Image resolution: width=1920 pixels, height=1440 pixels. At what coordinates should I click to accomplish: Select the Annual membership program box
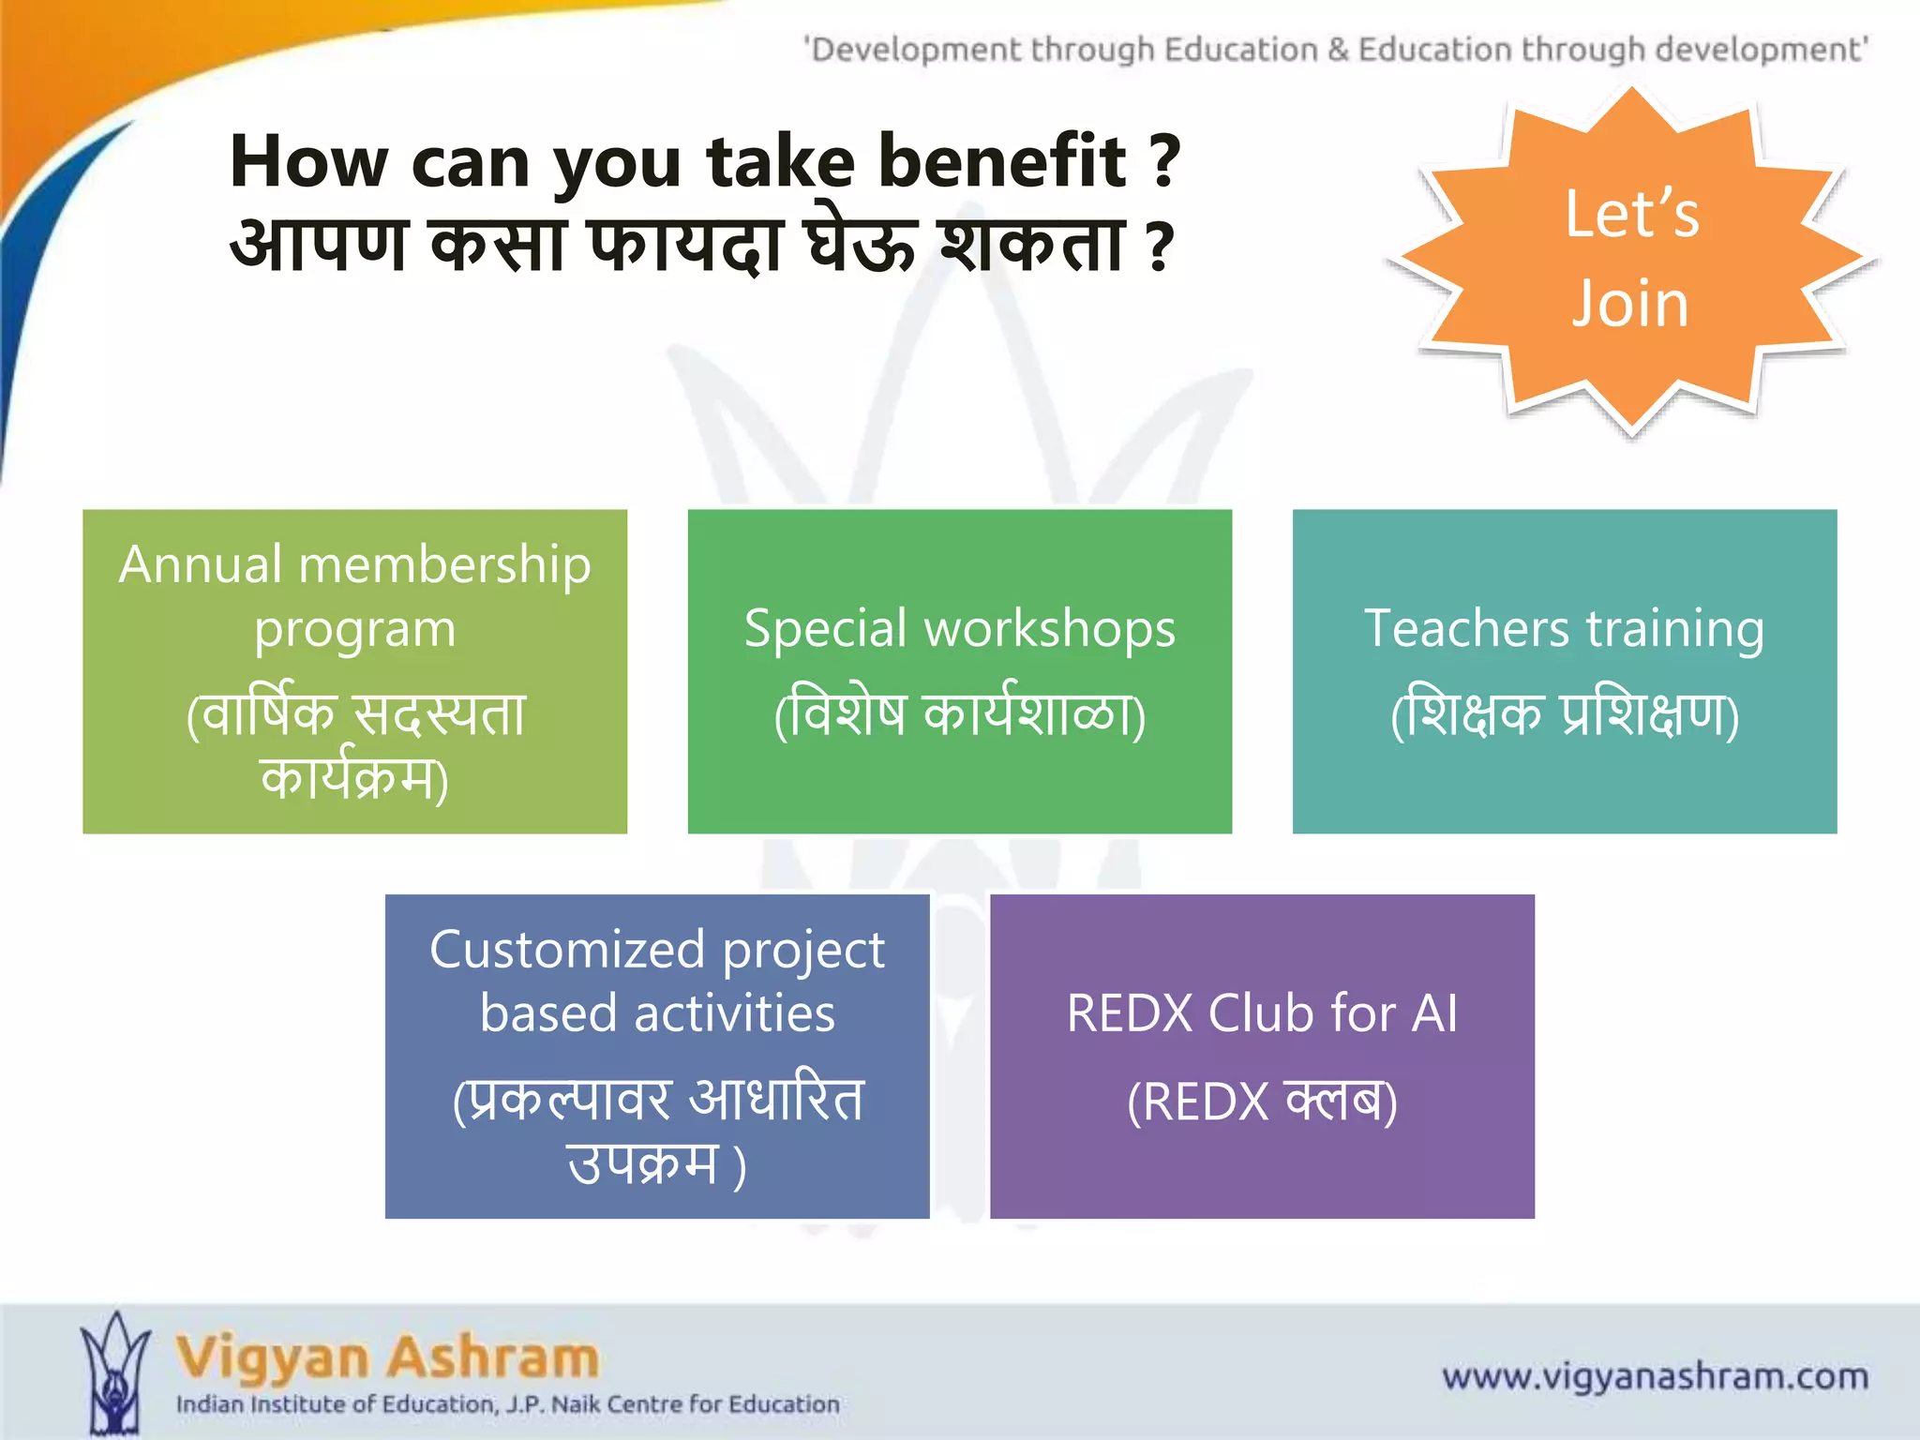(x=354, y=671)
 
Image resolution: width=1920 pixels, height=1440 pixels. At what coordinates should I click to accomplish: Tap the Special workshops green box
(x=959, y=671)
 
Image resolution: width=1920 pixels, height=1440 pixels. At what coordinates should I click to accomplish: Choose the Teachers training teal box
(x=1564, y=671)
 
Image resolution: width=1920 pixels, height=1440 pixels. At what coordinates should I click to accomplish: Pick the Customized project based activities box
(x=657, y=1056)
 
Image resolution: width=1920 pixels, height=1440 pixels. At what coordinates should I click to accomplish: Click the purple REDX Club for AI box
(x=1262, y=1056)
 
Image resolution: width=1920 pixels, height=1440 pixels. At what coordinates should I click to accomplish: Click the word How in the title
(x=308, y=161)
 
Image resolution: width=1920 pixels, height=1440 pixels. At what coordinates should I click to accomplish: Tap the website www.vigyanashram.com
(x=1655, y=1376)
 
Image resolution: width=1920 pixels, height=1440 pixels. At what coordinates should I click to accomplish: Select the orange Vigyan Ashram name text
(x=387, y=1357)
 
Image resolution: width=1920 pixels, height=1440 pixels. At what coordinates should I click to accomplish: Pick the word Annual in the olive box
(x=201, y=564)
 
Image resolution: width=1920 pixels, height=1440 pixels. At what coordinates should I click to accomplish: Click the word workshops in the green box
(x=1050, y=629)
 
